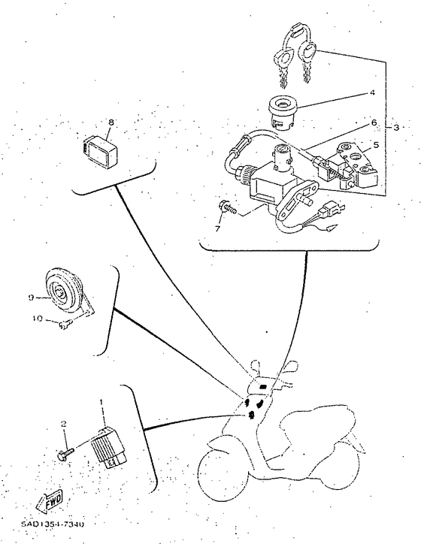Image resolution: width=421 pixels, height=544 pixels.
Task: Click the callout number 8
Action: point(111,121)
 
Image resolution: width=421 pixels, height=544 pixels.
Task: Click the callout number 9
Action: point(29,298)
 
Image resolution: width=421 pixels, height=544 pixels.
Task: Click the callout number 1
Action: point(101,403)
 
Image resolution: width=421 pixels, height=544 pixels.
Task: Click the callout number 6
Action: point(373,122)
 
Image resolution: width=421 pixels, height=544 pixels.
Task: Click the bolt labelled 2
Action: point(65,453)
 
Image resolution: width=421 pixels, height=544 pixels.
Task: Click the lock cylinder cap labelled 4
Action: point(284,113)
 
